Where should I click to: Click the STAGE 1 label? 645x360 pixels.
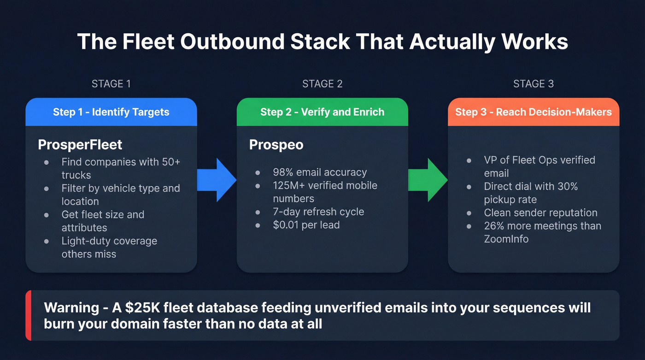point(111,84)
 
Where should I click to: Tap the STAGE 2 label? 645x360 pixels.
point(322,84)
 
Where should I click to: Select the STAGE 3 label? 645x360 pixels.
point(534,84)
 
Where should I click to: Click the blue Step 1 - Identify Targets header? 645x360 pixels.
point(111,112)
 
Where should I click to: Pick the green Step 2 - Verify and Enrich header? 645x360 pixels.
point(322,112)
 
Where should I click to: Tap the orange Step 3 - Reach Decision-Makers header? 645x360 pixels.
point(534,112)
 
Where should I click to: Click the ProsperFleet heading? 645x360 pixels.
point(80,145)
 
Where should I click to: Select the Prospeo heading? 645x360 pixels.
point(276,145)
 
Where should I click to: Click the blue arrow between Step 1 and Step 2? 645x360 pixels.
point(217,180)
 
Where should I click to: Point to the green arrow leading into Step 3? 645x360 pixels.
point(428,180)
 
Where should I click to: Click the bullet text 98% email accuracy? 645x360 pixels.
point(320,172)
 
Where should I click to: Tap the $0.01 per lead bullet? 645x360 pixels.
point(306,225)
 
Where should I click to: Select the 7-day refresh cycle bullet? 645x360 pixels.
point(318,212)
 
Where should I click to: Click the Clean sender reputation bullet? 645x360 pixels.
point(540,212)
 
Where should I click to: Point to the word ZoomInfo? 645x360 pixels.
point(506,239)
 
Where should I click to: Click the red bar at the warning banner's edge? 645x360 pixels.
point(29,315)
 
